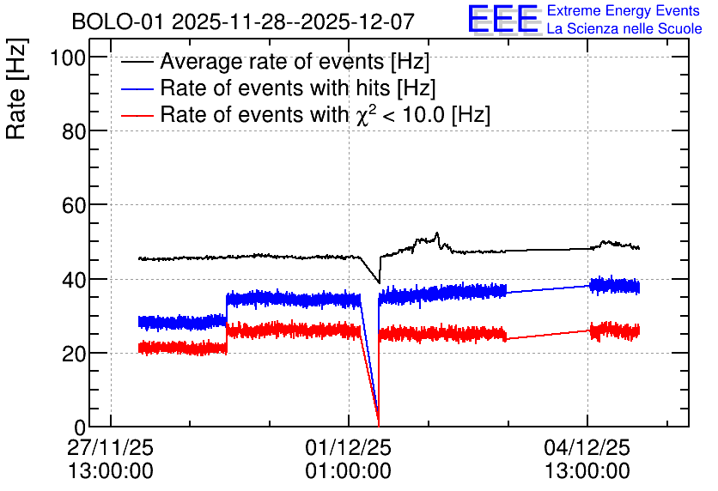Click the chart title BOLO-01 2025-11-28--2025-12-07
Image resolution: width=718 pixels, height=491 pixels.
point(243,21)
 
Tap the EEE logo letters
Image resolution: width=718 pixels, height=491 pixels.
point(503,19)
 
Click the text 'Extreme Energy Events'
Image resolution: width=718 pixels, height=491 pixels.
point(624,10)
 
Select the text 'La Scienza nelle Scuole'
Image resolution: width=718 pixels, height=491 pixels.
point(624,28)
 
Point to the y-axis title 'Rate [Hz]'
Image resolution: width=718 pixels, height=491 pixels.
point(16,88)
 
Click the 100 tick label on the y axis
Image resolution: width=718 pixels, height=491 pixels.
point(68,58)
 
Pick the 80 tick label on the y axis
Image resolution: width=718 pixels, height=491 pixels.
point(74,132)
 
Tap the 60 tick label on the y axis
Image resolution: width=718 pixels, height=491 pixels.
point(74,205)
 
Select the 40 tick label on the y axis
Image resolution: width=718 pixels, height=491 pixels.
point(74,280)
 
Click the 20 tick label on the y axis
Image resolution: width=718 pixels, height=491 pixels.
point(74,354)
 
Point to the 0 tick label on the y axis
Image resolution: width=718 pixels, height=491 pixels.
point(80,427)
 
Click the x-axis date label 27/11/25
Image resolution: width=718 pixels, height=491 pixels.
point(110,447)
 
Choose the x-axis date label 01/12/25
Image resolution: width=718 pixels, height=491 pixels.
point(349,447)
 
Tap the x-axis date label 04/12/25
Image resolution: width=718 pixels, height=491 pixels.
point(587,447)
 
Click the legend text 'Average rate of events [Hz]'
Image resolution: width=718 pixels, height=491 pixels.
point(295,61)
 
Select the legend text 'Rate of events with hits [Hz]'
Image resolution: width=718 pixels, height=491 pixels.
point(298,88)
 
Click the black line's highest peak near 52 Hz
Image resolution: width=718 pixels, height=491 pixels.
point(437,233)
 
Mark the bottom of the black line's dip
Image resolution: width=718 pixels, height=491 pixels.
point(379,282)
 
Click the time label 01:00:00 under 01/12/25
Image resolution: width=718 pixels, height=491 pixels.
point(349,471)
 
